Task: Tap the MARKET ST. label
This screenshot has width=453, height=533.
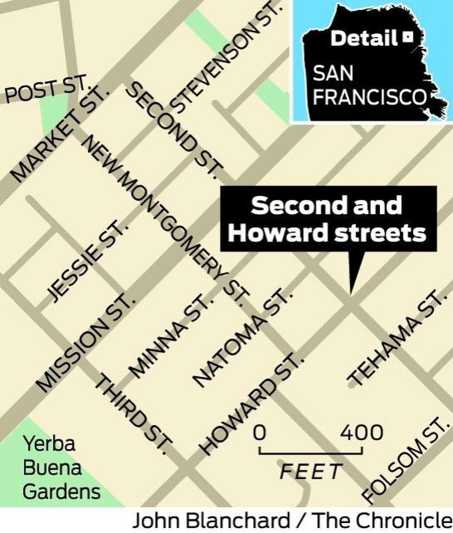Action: tap(59, 134)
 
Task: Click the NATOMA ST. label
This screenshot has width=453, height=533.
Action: tap(242, 338)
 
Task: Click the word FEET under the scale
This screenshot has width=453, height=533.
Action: tap(310, 471)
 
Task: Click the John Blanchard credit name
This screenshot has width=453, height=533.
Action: tap(210, 521)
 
